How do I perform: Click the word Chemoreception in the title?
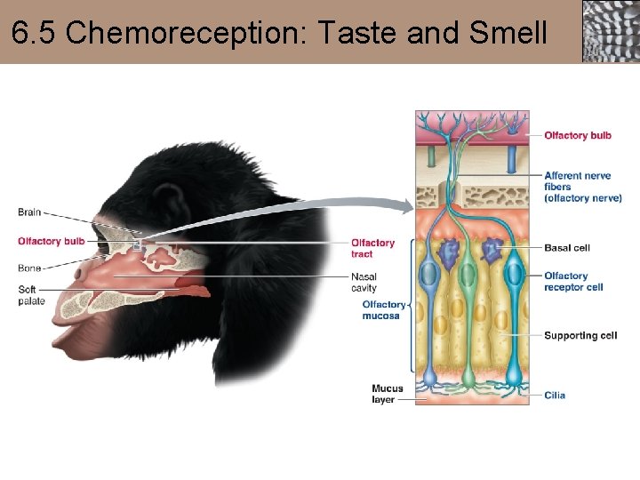point(182,33)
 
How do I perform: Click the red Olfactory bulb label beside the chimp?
point(52,241)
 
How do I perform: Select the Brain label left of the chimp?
point(29,212)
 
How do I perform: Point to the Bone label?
point(29,268)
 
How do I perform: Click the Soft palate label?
point(31,295)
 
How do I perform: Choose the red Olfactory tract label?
point(372,248)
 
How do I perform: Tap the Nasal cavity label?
point(364,283)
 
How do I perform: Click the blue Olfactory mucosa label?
point(383,309)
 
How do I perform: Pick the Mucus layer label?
point(388,394)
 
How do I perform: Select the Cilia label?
point(555,396)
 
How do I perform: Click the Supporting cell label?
point(580,336)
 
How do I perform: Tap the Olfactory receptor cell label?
point(573,282)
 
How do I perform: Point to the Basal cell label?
point(567,248)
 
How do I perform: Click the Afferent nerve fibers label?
point(582,187)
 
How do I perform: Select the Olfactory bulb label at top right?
point(578,136)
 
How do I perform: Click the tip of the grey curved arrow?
point(410,206)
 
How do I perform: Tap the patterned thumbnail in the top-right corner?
point(611,31)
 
